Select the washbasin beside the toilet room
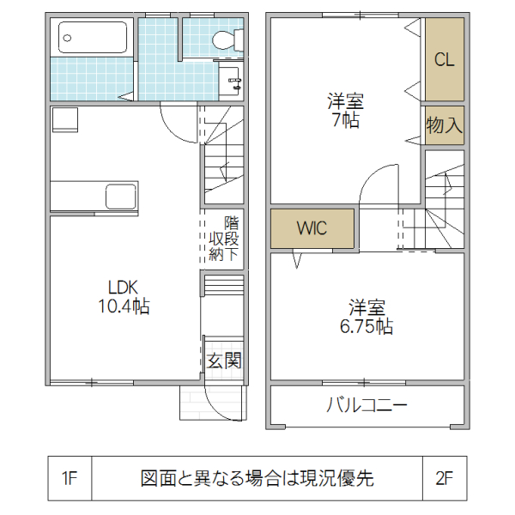pos(233,82)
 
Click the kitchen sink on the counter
pos(120,197)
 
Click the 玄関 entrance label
pos(223,361)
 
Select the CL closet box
pos(444,60)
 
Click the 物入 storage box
pos(444,125)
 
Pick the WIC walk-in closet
pos(312,229)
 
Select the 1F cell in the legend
pos(70,479)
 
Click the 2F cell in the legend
pos(444,479)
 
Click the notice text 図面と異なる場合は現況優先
pos(257,479)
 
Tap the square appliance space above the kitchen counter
pos(64,119)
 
